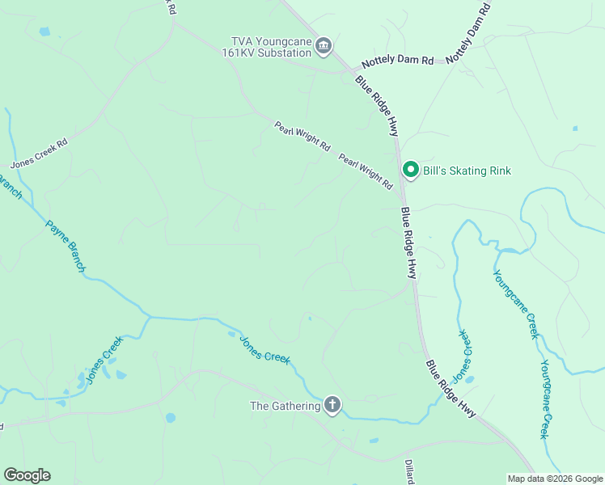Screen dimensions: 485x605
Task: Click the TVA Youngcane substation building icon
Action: [324, 45]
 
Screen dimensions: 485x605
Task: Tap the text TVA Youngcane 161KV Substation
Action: [271, 47]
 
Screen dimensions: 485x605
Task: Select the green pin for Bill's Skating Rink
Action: [410, 170]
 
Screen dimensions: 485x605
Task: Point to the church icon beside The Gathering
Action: [332, 405]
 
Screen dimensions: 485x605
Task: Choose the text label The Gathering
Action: [286, 406]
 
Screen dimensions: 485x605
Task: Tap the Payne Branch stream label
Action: [66, 247]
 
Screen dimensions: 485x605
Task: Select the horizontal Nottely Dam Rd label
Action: [398, 61]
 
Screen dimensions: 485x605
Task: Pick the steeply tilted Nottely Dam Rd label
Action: [469, 32]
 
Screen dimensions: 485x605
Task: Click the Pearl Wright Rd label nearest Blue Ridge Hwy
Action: [366, 171]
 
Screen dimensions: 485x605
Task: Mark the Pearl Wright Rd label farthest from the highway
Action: [302, 137]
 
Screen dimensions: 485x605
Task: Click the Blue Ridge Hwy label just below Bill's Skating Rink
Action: [408, 242]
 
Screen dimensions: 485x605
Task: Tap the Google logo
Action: [27, 475]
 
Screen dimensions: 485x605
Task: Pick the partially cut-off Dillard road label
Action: [409, 473]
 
